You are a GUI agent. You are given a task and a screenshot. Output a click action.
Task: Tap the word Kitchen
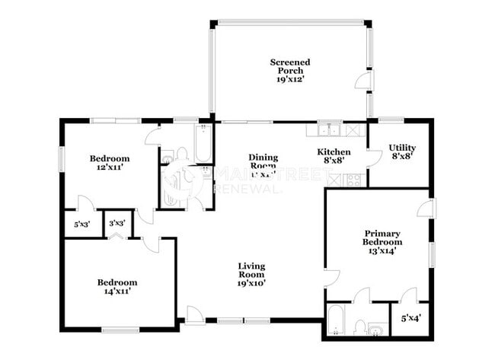(334, 151)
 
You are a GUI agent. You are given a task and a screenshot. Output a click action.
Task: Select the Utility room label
(401, 148)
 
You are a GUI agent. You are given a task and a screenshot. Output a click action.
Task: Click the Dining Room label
(263, 161)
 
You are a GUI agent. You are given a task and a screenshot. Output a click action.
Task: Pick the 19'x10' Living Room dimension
(252, 282)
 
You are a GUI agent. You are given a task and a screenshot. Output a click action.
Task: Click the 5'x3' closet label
(81, 225)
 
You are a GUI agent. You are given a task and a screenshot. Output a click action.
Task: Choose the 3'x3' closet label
(117, 224)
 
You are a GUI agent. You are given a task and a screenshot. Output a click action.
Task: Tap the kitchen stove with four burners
(353, 180)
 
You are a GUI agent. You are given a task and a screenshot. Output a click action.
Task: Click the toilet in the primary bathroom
(359, 327)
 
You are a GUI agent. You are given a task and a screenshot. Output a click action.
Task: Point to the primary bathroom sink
(377, 330)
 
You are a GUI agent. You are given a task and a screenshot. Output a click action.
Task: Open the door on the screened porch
(364, 81)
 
